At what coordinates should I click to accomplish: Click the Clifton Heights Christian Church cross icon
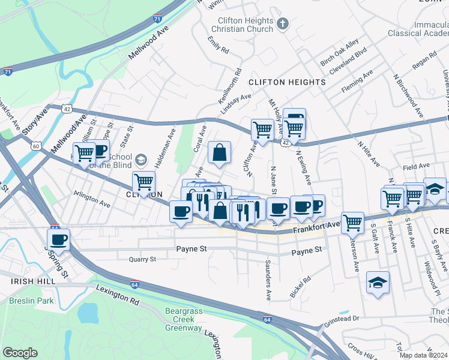[x=283, y=24]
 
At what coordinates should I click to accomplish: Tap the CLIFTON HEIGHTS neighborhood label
[x=287, y=82]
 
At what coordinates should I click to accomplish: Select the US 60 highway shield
[x=36, y=146]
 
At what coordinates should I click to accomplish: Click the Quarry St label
[x=142, y=259]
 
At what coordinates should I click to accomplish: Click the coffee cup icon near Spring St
[x=58, y=240]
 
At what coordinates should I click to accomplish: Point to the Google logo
[x=20, y=353]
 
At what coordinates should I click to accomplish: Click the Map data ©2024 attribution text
[x=424, y=355]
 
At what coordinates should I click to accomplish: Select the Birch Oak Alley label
[x=339, y=52]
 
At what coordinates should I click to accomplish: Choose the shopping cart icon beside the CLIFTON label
[x=143, y=181]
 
